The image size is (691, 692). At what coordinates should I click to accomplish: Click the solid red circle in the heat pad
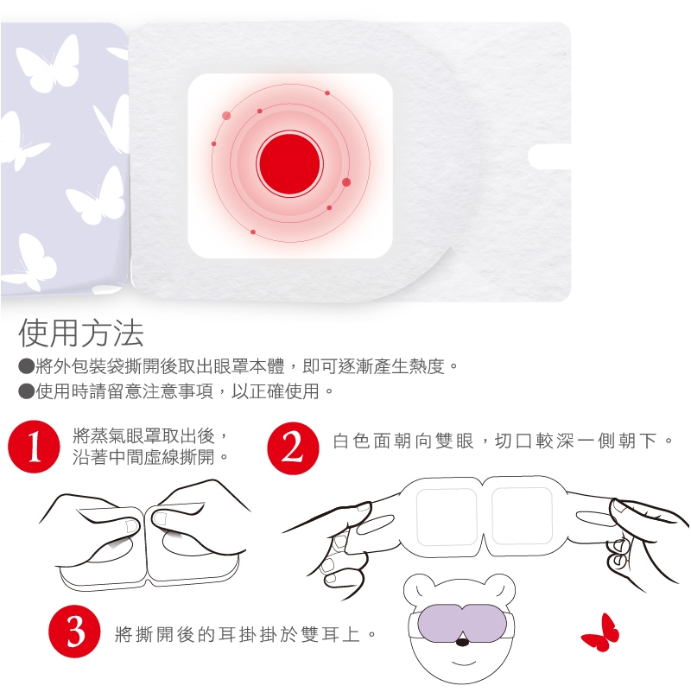click(x=289, y=163)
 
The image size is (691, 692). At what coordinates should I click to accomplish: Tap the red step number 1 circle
click(x=34, y=447)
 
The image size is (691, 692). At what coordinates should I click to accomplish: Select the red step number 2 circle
click(x=293, y=448)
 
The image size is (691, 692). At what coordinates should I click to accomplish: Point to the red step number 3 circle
click(x=74, y=632)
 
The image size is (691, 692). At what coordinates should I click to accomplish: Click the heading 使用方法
click(x=81, y=333)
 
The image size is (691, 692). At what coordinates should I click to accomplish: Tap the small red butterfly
click(x=600, y=632)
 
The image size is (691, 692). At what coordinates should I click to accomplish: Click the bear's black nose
click(x=462, y=642)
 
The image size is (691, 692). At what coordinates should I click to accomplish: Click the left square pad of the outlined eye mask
click(x=447, y=517)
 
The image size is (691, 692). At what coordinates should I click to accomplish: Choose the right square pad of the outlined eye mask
click(x=523, y=516)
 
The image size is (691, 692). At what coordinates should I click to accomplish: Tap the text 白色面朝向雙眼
click(x=403, y=441)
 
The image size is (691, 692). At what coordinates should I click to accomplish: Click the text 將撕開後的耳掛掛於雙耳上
click(x=238, y=634)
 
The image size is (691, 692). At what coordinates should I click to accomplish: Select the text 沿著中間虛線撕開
click(x=143, y=457)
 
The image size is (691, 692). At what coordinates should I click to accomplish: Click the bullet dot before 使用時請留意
click(x=26, y=391)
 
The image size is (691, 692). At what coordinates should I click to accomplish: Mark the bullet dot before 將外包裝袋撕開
click(x=26, y=365)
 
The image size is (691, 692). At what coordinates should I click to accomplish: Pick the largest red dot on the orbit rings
click(x=346, y=182)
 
